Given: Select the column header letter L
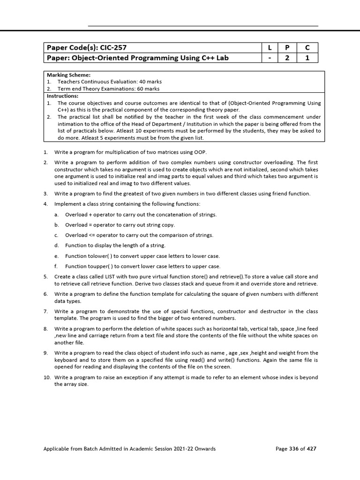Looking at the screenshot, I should pyautogui.click(x=270, y=48).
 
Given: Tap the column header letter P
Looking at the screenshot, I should pyautogui.click(x=288, y=48).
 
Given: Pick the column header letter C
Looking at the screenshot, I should pyautogui.click(x=307, y=48).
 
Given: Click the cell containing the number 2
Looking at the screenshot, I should pyautogui.click(x=288, y=58).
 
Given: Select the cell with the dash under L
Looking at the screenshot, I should pyautogui.click(x=270, y=58).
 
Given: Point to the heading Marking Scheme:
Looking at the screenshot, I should pyautogui.click(x=68, y=75).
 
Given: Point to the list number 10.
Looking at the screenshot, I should pyautogui.click(x=47, y=377).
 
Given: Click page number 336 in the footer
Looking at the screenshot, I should pyautogui.click(x=293, y=449).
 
